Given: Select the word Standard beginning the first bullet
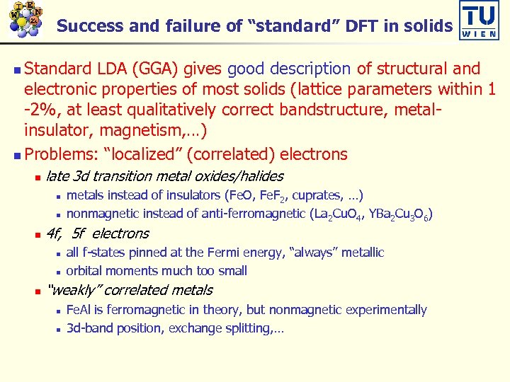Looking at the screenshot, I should point(58,69).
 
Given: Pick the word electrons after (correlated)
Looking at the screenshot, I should point(314,154).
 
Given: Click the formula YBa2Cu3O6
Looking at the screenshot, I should point(396,214).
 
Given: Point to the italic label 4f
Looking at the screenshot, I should point(54,233).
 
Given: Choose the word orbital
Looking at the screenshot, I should point(84,270).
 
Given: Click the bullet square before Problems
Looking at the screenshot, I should point(17,155).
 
